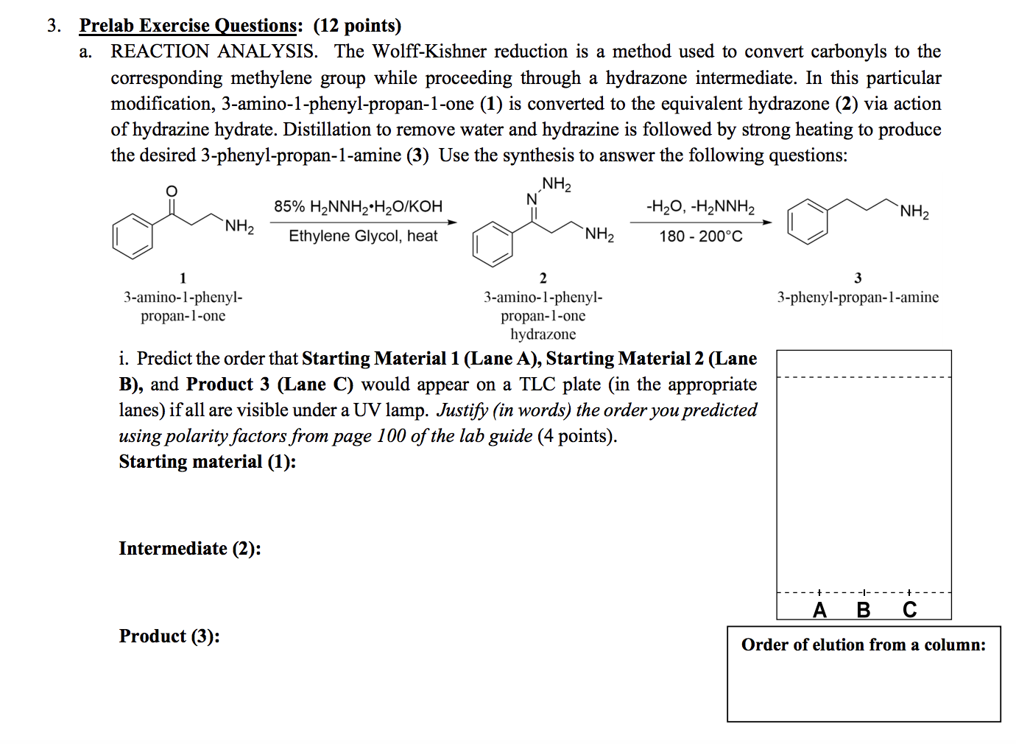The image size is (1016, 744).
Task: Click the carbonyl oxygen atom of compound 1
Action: [172, 192]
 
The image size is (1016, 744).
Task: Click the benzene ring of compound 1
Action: [133, 236]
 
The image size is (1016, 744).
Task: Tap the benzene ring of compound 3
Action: [807, 221]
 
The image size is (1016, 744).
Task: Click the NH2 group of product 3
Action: [914, 212]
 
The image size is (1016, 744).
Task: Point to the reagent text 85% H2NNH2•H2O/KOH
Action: [359, 206]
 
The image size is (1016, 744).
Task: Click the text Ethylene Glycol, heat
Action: [363, 236]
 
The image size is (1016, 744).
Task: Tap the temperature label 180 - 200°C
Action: [701, 236]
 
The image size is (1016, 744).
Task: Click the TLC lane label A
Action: [819, 610]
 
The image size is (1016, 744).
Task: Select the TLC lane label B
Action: [864, 610]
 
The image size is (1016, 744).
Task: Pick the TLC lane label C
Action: [910, 610]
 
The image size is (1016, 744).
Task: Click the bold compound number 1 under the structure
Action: [183, 278]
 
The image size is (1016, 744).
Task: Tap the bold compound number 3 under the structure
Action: [858, 278]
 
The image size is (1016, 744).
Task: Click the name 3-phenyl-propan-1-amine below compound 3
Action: [858, 298]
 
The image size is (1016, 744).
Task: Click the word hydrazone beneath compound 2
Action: [543, 334]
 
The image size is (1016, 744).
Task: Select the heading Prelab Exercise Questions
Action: [188, 26]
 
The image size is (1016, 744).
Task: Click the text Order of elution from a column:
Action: [863, 645]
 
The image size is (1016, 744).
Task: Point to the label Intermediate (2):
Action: [190, 549]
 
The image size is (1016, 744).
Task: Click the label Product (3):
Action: [169, 636]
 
